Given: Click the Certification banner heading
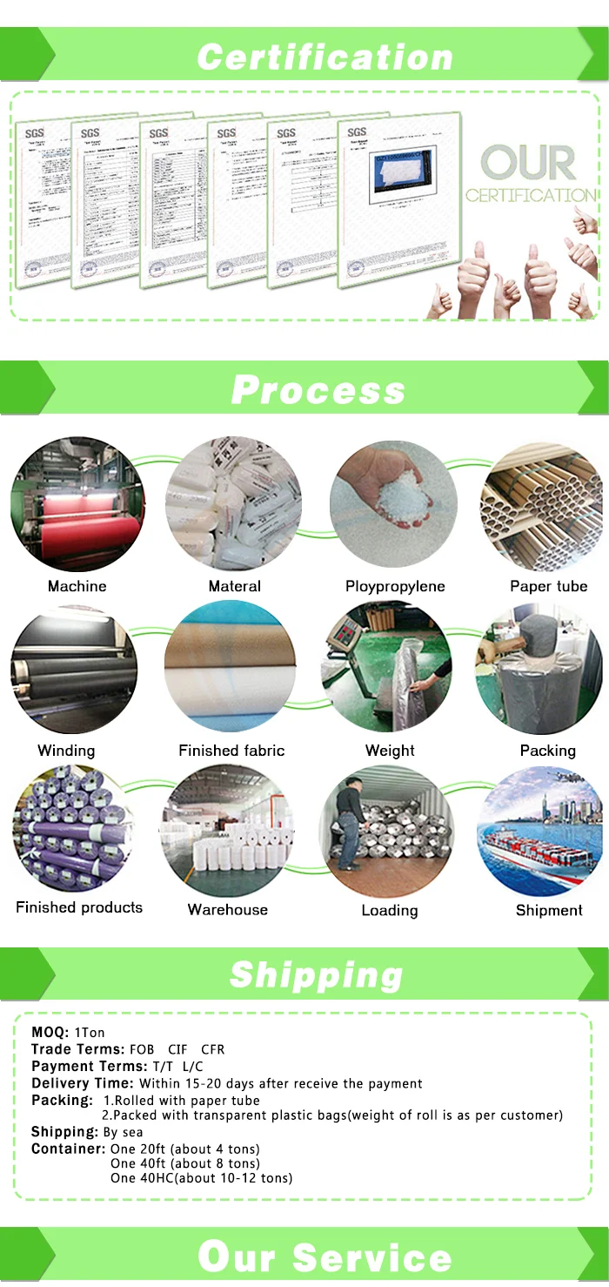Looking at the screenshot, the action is tap(325, 57).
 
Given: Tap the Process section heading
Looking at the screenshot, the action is tap(318, 389).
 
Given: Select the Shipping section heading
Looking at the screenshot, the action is tap(317, 974).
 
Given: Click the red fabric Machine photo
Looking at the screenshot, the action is tap(77, 506).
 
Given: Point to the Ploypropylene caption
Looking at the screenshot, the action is tap(395, 586).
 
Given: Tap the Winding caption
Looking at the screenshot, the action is tap(66, 751).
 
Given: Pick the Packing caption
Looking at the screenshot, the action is tap(548, 751).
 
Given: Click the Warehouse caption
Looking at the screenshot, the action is tap(228, 910).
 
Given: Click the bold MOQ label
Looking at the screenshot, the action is tap(50, 1033).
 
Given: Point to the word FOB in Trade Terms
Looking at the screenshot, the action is tap(142, 1049).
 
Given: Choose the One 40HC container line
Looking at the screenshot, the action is tap(201, 1178).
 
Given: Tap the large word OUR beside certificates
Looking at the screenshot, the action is tap(529, 163).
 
